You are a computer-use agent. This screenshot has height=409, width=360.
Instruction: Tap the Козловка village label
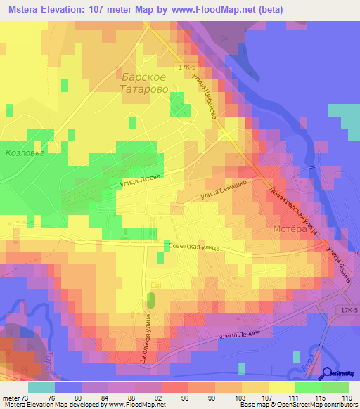pos(25,152)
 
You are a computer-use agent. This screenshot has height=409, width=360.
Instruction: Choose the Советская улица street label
pos(195,247)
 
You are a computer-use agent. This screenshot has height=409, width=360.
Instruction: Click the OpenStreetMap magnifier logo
pos(327,374)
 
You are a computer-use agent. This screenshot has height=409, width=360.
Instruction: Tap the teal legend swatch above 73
pos(41,387)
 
